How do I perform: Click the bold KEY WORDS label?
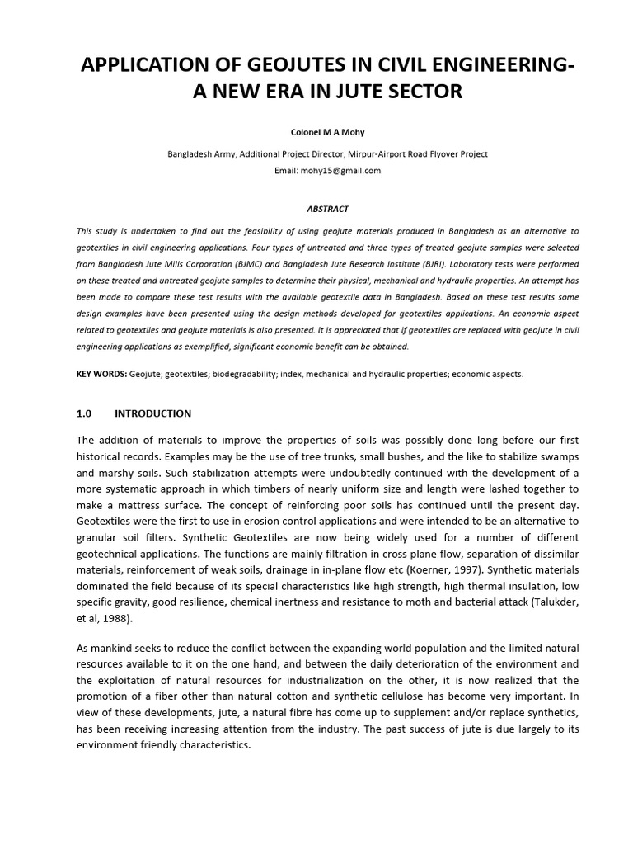point(102,374)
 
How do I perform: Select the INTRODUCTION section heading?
point(152,413)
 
